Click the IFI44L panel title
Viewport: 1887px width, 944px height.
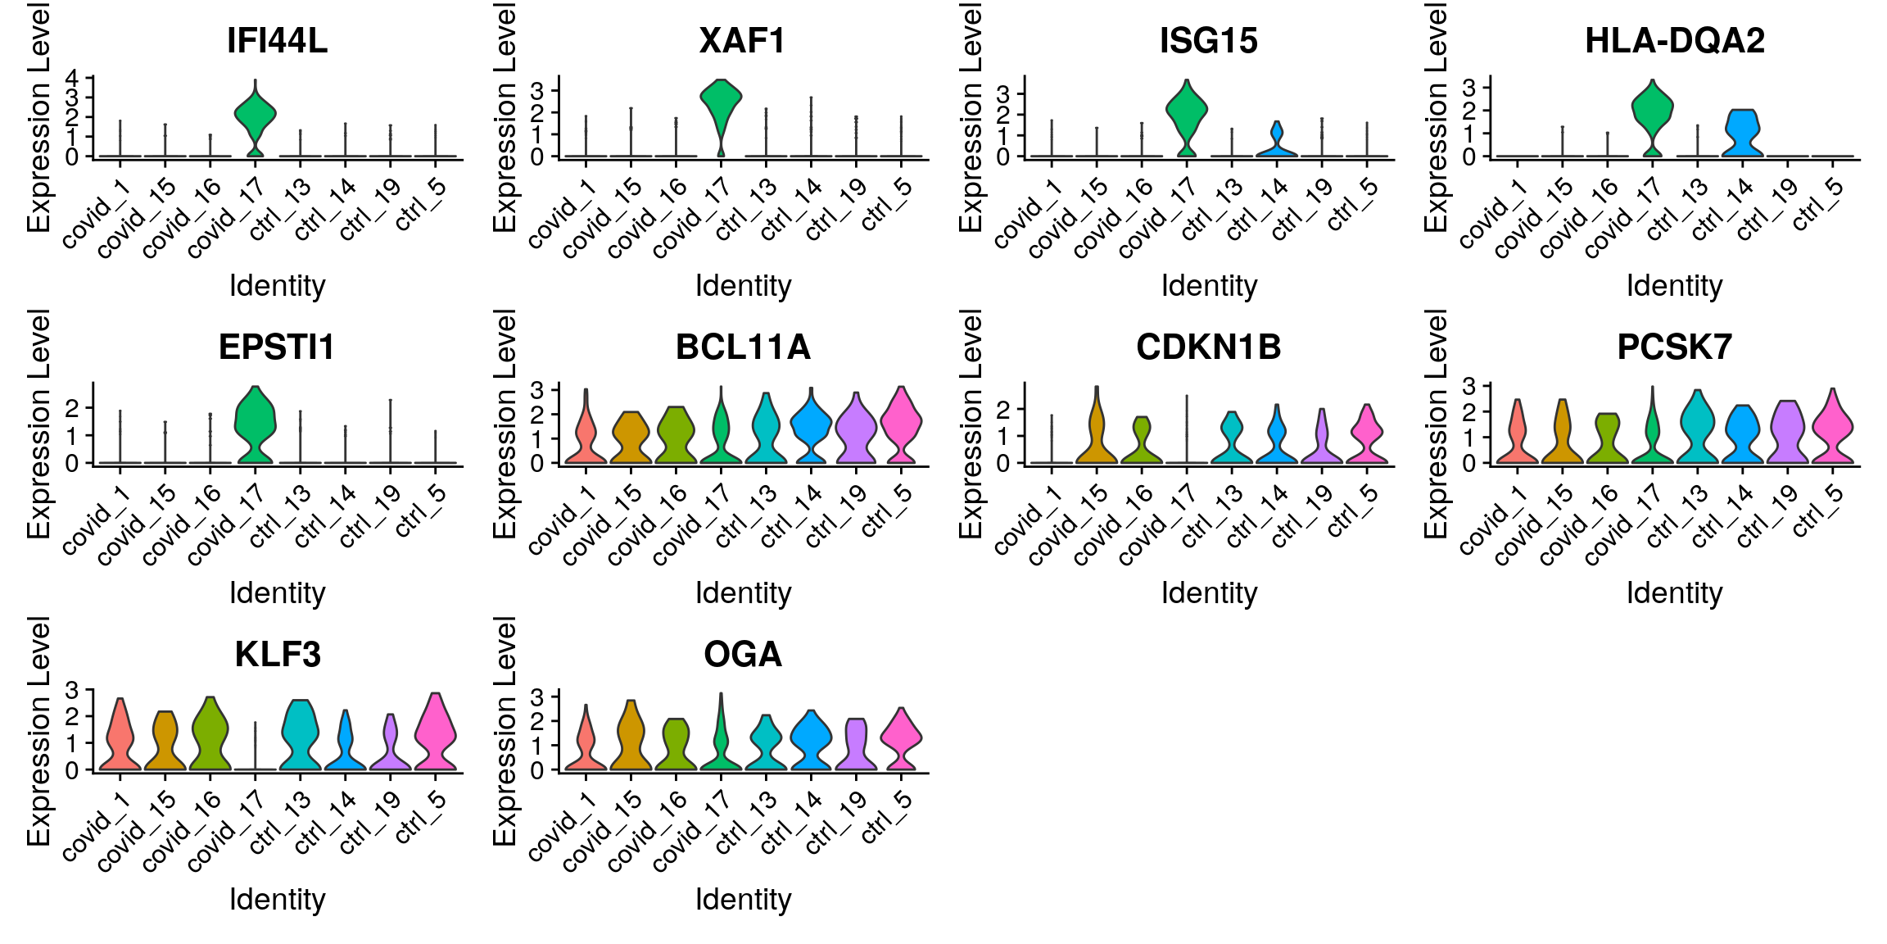277,41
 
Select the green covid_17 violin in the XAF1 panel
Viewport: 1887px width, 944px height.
721,102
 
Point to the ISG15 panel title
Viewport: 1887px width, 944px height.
1208,41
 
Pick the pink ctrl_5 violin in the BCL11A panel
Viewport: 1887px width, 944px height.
901,422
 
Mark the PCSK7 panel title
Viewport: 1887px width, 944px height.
1674,347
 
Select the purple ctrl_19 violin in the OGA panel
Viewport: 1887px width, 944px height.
856,746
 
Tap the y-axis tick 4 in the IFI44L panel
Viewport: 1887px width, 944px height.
72,79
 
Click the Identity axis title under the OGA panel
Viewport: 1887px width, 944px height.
743,900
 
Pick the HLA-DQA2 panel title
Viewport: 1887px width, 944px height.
1674,41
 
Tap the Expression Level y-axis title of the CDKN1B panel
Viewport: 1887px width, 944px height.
971,424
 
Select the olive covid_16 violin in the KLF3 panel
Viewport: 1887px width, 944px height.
210,733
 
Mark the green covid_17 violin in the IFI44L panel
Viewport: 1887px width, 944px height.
256,115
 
